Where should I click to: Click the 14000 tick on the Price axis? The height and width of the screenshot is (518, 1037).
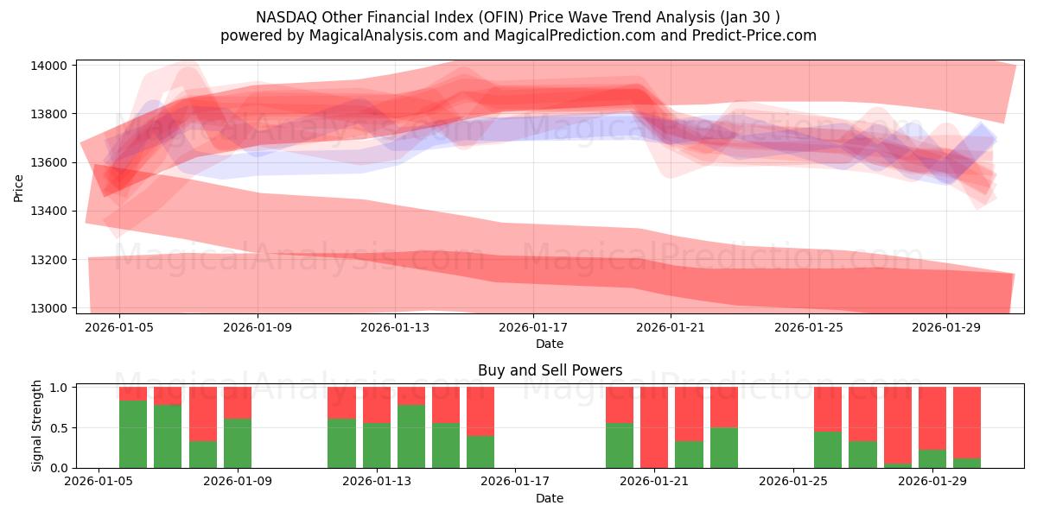(x=50, y=66)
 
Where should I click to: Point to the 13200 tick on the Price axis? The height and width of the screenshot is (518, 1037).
(x=50, y=260)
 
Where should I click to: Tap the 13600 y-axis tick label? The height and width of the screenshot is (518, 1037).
(x=50, y=163)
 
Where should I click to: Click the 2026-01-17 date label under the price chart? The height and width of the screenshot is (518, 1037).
(x=533, y=328)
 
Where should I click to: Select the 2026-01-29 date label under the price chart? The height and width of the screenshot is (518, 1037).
(x=946, y=328)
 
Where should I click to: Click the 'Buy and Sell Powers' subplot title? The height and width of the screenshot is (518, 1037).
(x=550, y=370)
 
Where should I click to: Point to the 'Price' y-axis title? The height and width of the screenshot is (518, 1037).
(x=19, y=187)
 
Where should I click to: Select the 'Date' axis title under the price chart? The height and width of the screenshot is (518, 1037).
(x=550, y=344)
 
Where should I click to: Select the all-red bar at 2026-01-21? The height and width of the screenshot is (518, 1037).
(x=654, y=427)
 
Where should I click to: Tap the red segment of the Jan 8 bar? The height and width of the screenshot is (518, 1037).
(x=202, y=414)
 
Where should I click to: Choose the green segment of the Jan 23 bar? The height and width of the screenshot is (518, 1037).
(x=724, y=447)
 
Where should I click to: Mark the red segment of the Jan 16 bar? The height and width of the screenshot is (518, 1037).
(x=480, y=411)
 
